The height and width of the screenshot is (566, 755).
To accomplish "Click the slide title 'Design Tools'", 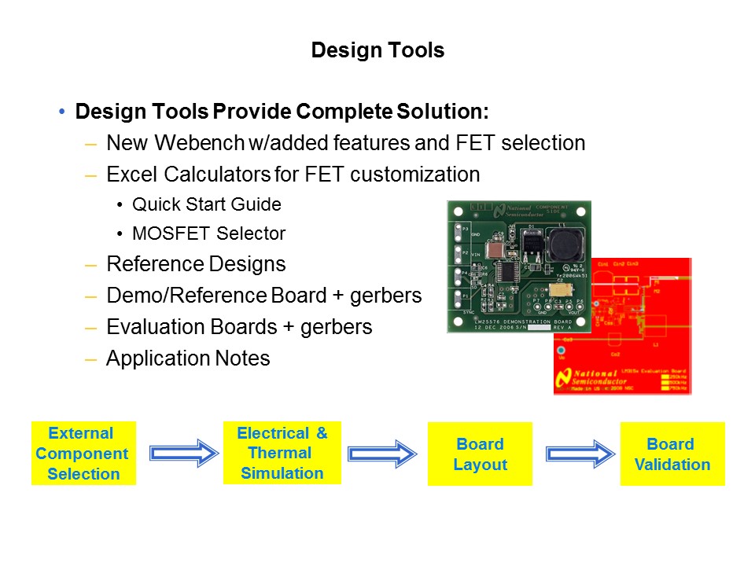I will click(x=377, y=51).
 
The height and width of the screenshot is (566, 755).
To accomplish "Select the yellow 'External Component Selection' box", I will click(x=83, y=454).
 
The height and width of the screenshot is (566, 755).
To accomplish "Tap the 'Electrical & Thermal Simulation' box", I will click(x=282, y=454).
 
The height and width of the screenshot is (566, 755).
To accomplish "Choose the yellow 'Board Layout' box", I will click(x=480, y=454).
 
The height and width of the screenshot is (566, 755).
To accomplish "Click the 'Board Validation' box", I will click(x=672, y=454).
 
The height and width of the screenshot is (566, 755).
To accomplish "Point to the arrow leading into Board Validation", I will click(x=580, y=454).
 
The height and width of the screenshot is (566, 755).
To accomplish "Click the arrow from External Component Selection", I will click(x=182, y=454).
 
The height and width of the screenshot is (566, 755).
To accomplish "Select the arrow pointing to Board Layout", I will click(x=381, y=454).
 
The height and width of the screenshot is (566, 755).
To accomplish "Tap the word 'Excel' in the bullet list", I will click(x=131, y=174).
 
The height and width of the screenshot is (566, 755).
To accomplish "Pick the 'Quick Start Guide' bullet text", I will click(x=206, y=204).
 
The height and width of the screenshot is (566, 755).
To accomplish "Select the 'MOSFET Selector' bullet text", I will click(x=208, y=233).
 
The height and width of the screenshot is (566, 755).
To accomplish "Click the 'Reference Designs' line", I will click(x=196, y=264).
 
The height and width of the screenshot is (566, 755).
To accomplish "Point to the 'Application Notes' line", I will click(x=188, y=358).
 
